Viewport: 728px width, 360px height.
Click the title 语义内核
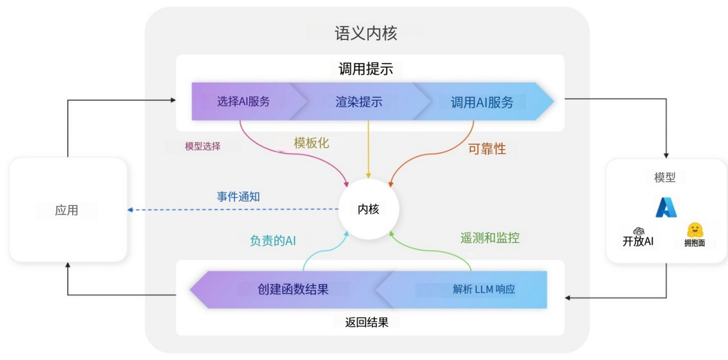[x=366, y=33]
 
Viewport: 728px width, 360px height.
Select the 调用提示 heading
[x=366, y=69]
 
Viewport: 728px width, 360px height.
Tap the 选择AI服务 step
[x=243, y=102]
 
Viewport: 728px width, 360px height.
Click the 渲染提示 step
[x=359, y=102]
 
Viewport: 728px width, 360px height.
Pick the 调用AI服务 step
[x=482, y=102]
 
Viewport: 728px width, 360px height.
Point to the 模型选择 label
[x=203, y=146]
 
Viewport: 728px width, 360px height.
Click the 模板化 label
[x=311, y=143]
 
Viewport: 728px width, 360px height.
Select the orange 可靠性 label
[x=487, y=148]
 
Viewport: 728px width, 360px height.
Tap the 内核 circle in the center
[x=368, y=209]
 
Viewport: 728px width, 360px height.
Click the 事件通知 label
[x=238, y=196]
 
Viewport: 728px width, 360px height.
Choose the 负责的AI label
[x=273, y=240]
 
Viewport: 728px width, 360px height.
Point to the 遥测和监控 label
[x=490, y=238]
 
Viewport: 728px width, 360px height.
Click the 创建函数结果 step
[x=293, y=289]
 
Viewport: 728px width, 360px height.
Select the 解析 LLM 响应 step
[x=484, y=289]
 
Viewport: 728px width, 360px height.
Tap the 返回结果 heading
[x=366, y=322]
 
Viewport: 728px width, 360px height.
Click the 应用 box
[x=67, y=210]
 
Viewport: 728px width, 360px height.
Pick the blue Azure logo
[x=666, y=207]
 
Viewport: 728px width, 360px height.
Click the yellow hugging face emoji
[x=694, y=230]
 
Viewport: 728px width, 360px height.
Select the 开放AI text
[x=638, y=242]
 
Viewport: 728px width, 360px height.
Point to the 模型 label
[x=665, y=177]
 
